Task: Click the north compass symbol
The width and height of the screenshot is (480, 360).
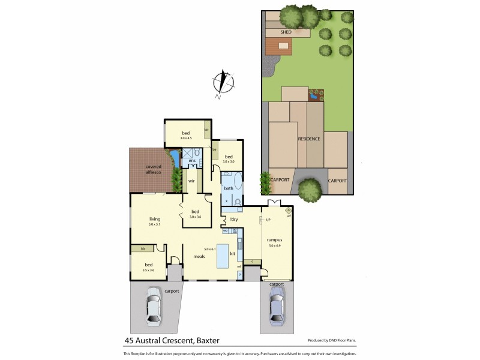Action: [x=223, y=83]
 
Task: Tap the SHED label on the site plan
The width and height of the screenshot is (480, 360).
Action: [x=286, y=32]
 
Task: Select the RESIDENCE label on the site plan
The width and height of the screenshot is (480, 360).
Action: [x=309, y=139]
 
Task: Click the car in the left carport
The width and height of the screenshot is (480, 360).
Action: [x=154, y=305]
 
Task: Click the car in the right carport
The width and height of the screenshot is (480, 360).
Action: [x=277, y=305]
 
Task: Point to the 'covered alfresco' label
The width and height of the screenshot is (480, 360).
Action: [x=151, y=169]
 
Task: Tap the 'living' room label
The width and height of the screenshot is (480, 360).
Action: [x=155, y=219]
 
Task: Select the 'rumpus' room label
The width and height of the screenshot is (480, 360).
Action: [x=275, y=239]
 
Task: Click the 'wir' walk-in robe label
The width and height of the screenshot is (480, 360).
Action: [x=191, y=180]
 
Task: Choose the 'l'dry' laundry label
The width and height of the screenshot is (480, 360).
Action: [x=234, y=219]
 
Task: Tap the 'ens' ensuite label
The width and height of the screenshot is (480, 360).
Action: [x=192, y=161]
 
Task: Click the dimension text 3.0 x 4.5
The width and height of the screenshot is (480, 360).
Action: [x=187, y=138]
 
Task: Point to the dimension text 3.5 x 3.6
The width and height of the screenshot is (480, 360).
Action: [x=148, y=270]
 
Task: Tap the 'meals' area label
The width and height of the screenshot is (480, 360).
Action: [x=199, y=256]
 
